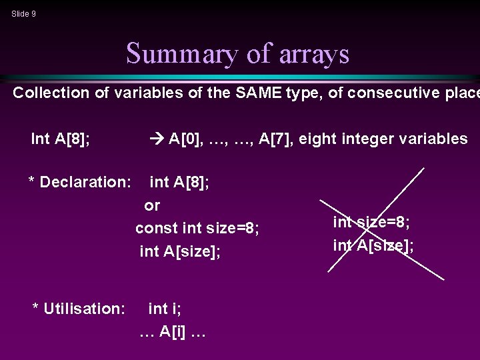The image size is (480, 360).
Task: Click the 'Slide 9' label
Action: (x=23, y=13)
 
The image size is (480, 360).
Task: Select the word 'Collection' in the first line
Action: (x=51, y=93)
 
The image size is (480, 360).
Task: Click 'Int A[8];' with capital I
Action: (x=61, y=139)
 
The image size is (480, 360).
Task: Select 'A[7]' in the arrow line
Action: (x=274, y=139)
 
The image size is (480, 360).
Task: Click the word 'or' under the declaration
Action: (x=153, y=205)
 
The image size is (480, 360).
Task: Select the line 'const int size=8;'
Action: (x=197, y=229)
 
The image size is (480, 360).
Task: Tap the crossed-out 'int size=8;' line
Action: (x=371, y=222)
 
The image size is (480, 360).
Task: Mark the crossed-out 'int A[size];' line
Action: (x=373, y=245)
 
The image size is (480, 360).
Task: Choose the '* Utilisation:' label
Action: (x=79, y=309)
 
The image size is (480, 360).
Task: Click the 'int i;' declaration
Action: (x=165, y=309)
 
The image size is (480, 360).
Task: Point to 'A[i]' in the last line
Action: (x=172, y=332)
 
